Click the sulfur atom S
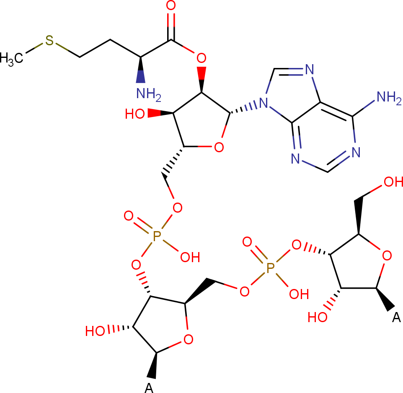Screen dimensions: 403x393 click(49, 40)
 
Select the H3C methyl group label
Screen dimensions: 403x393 click(12, 58)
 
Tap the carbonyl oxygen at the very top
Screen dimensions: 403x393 click(171, 5)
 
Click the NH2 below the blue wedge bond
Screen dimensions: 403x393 click(149, 94)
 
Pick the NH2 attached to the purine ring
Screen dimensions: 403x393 click(389, 97)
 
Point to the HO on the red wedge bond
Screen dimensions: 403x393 click(135, 114)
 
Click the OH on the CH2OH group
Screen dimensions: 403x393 click(393, 182)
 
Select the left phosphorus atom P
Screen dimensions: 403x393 click(157, 236)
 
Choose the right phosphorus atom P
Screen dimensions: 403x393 click(270, 268)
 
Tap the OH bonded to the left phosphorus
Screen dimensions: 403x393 click(190, 257)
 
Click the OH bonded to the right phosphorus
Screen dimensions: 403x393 click(299, 294)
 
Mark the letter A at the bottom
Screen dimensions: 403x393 click(149, 388)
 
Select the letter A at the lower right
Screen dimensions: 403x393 click(396, 318)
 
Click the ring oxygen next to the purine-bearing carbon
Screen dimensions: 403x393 click(219, 148)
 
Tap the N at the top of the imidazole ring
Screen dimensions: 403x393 click(310, 70)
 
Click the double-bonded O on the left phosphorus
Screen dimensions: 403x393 click(129, 216)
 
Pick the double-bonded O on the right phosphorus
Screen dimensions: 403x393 click(247, 242)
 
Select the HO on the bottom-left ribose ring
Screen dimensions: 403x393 click(95, 331)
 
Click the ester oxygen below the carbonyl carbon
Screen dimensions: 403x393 click(201, 58)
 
